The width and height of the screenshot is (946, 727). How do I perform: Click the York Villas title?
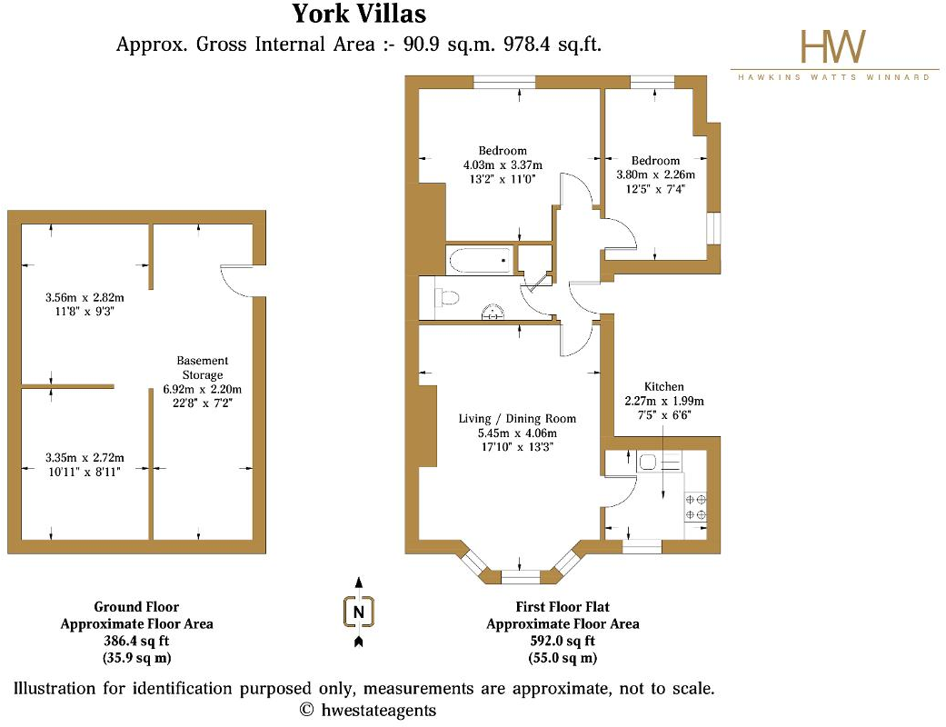(358, 15)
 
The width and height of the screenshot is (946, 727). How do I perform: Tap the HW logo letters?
(832, 46)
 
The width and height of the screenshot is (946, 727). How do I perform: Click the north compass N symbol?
(359, 612)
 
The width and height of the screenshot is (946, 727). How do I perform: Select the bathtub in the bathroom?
(479, 260)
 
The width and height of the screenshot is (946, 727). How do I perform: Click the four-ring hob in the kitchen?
(696, 506)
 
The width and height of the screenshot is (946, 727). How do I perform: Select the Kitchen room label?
(663, 386)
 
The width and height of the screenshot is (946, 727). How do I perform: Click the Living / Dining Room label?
(517, 419)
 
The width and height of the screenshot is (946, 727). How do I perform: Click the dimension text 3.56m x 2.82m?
(85, 297)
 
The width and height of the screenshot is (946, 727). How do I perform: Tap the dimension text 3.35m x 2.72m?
(85, 457)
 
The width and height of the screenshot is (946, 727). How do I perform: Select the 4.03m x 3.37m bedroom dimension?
(503, 165)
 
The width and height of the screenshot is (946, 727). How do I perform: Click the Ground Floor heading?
(136, 607)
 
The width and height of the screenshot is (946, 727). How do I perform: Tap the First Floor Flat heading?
(562, 607)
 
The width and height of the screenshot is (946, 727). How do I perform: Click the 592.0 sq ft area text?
(562, 641)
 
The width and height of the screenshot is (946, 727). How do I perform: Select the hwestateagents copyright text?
(368, 710)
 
